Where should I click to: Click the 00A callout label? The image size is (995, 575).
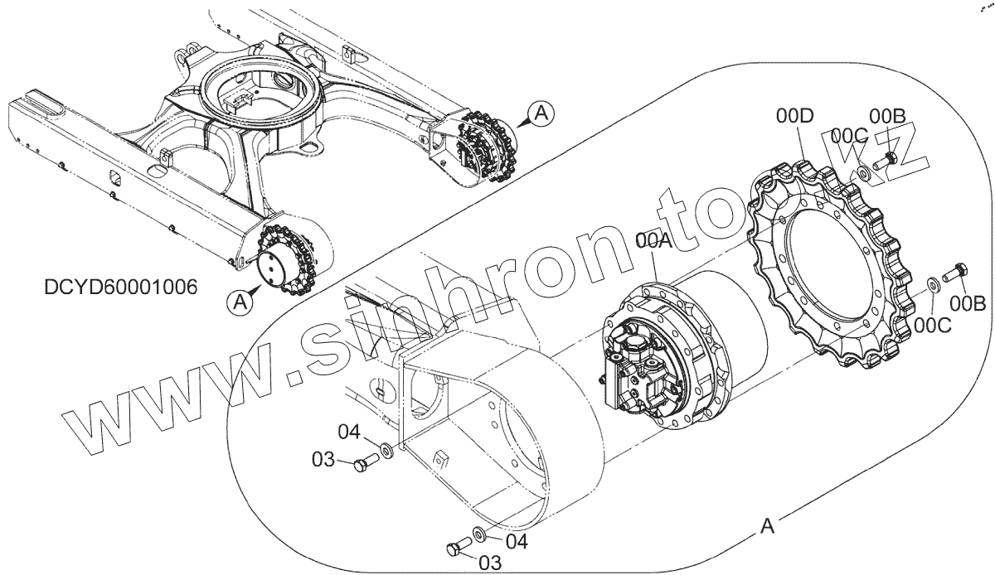[x=653, y=241]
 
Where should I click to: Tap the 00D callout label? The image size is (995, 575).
[x=793, y=118]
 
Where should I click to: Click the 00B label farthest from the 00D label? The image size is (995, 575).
[x=968, y=304]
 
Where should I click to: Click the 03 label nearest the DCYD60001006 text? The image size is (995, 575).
[x=323, y=460]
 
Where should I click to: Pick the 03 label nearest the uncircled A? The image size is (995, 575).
[x=490, y=563]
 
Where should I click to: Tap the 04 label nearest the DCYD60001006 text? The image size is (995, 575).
[x=348, y=432]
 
